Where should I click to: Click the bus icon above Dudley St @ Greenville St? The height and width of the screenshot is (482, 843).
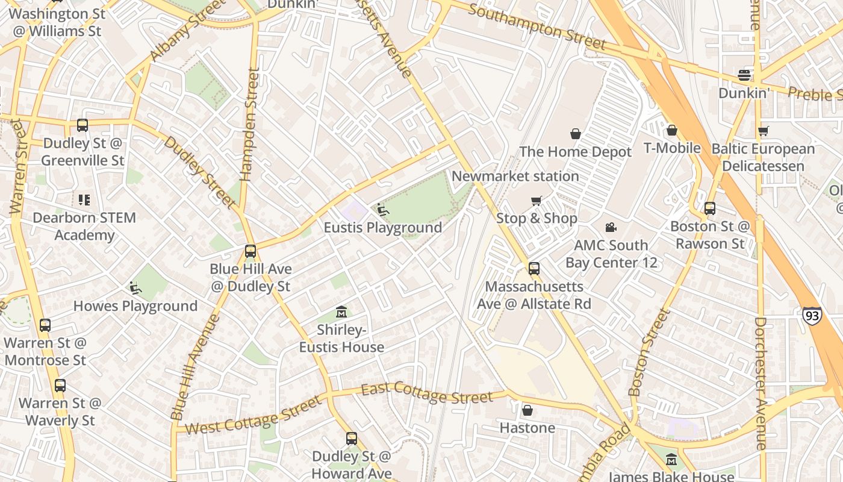(82, 125)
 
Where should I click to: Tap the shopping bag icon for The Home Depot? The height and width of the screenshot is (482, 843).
(576, 134)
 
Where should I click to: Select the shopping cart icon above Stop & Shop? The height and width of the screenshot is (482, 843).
(536, 201)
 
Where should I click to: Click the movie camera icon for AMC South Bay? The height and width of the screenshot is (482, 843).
(611, 227)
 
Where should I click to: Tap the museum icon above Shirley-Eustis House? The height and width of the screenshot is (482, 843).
(341, 311)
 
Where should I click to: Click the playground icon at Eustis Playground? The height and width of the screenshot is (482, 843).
(383, 210)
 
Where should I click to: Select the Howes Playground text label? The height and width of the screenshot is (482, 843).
(135, 306)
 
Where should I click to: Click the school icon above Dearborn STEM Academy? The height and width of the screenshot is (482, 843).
(84, 199)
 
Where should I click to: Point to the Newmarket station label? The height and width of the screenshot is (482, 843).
(515, 177)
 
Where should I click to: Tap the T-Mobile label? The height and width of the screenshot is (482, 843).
(672, 148)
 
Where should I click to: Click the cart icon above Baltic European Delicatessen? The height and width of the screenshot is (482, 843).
(764, 131)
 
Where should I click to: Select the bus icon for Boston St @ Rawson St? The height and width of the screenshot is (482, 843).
(710, 208)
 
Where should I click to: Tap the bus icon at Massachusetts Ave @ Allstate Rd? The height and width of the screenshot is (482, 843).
(534, 269)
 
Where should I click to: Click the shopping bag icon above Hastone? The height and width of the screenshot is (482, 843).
(527, 410)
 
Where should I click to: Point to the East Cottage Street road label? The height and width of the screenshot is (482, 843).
(427, 393)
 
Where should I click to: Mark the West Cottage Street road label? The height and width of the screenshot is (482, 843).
(253, 415)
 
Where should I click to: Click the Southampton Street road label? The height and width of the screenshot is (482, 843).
(537, 27)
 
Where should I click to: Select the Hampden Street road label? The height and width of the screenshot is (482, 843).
(250, 124)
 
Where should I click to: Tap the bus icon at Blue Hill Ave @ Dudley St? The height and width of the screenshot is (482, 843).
(250, 251)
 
